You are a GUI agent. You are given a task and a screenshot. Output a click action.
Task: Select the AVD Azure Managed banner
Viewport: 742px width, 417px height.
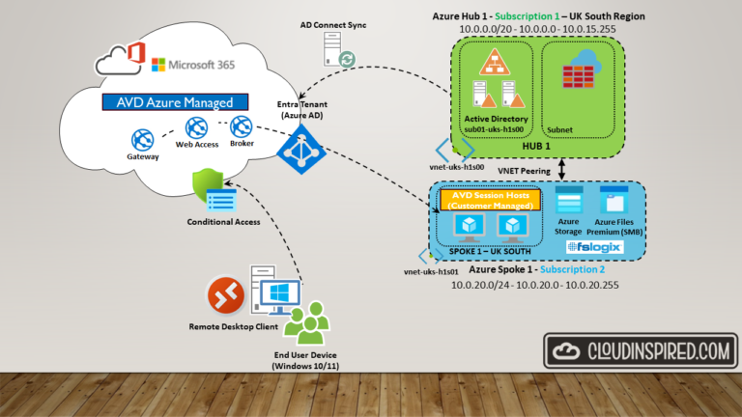pos(174,101)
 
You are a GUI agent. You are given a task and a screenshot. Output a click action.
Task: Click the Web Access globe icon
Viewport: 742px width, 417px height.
pos(196,127)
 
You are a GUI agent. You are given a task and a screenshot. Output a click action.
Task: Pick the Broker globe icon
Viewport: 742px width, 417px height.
pos(241,125)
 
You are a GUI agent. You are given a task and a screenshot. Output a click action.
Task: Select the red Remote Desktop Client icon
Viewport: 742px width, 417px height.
pos(224,296)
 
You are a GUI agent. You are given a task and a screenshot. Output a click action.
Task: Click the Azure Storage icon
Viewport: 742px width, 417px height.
pos(569,202)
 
